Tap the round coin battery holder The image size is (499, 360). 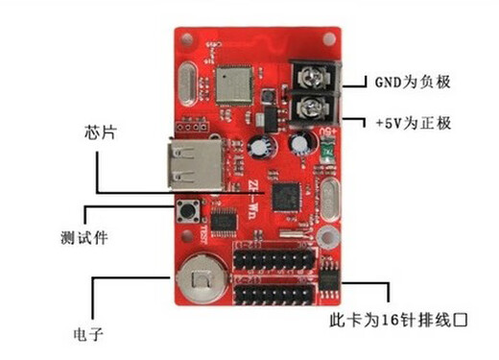(x=202, y=282)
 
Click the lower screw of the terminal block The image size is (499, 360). (x=309, y=105)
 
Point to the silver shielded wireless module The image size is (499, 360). (x=235, y=84)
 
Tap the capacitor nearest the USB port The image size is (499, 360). (x=260, y=147)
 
